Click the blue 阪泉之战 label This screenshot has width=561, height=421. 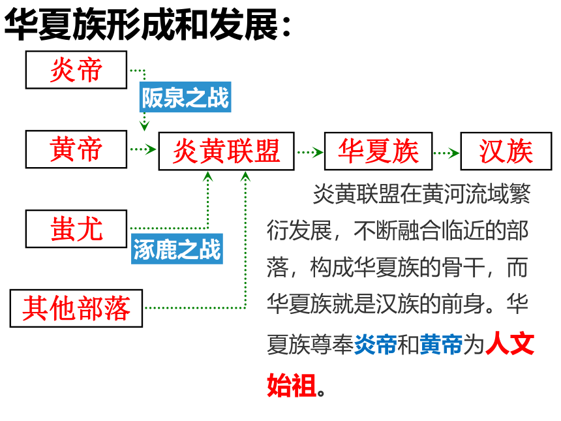coord(185,97)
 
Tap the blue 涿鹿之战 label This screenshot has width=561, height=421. coord(177,249)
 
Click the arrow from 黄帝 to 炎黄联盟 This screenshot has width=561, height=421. coord(143,149)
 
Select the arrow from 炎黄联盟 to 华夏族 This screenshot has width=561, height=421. coord(311,153)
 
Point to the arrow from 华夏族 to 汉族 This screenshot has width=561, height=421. coord(446,153)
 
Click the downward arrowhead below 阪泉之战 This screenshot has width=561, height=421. coord(144,126)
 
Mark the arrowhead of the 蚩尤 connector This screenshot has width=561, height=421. coord(208,176)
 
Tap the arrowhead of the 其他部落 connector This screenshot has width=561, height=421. coord(245,176)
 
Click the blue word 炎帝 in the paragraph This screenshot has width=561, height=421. coord(375,345)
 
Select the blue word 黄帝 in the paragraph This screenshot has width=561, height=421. coord(441,345)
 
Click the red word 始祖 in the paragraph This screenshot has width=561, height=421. coord(292,385)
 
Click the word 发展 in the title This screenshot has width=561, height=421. coord(244,24)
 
